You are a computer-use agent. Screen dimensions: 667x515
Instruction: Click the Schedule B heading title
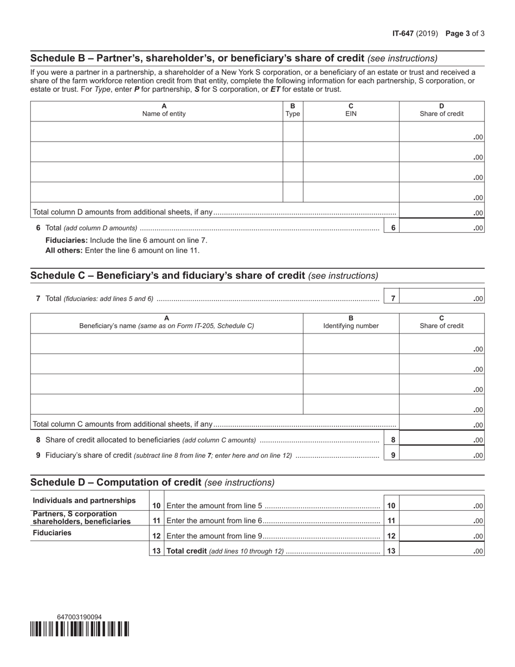coord(197,58)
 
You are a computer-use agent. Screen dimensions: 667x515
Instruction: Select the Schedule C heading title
coord(168,275)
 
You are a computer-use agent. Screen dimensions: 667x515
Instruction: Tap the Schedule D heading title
coord(116,482)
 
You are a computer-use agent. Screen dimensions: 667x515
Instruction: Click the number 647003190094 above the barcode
coord(79,617)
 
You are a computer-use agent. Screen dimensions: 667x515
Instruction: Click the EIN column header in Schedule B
coord(351,114)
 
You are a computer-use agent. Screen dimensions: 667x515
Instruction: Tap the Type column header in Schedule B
coord(293,114)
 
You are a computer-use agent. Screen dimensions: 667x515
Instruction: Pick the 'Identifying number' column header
coord(351,326)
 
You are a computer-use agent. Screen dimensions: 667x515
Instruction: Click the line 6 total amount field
coord(441,228)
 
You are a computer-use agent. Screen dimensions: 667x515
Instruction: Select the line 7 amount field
coord(441,298)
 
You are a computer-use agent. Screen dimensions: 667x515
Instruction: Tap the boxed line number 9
coord(393,456)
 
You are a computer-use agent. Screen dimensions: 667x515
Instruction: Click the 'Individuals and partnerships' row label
coord(85,500)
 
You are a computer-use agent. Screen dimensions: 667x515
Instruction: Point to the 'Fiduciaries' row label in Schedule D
coord(52,533)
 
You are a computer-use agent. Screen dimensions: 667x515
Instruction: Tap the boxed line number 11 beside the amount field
coord(391,521)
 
